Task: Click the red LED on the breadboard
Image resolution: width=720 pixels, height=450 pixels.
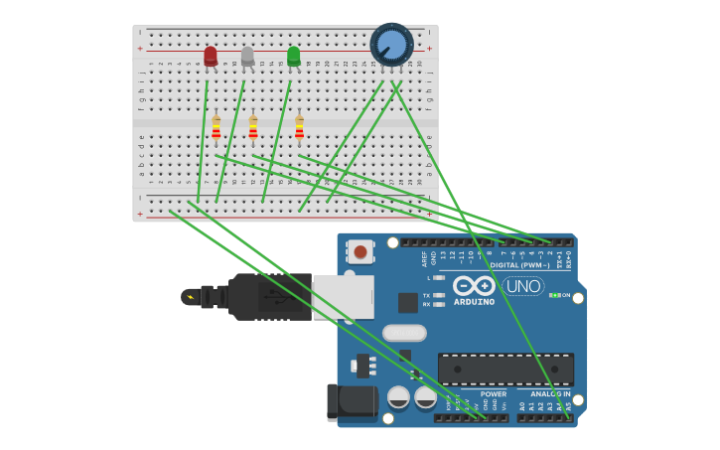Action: [x=211, y=56]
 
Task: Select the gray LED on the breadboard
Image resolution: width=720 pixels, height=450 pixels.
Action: [x=247, y=56]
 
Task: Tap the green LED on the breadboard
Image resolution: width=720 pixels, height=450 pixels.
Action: [x=293, y=56]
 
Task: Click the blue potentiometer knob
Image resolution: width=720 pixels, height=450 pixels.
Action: [x=391, y=45]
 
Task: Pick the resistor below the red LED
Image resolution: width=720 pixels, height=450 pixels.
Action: [x=216, y=130]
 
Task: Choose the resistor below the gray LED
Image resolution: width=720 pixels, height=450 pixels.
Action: [x=253, y=130]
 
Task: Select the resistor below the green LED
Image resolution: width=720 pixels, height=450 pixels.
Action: [x=299, y=130]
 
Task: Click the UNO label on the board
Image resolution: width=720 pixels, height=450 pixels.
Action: [x=522, y=286]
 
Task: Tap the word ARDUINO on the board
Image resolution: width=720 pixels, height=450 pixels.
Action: [x=474, y=302]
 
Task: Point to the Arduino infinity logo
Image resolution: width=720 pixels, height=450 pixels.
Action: [x=474, y=286]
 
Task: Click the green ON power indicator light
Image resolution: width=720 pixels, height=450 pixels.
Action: [x=554, y=295]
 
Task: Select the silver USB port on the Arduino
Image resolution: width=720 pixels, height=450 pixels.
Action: [x=343, y=297]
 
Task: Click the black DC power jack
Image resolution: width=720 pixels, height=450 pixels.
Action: [x=350, y=402]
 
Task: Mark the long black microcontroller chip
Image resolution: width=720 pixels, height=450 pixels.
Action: [x=505, y=370]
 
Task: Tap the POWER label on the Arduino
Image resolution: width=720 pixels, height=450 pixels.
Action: [x=494, y=393]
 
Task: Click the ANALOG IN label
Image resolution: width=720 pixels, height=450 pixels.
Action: [x=549, y=393]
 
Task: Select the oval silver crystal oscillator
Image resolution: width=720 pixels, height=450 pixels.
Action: [x=404, y=333]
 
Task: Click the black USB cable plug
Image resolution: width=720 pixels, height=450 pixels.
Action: [x=269, y=296]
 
